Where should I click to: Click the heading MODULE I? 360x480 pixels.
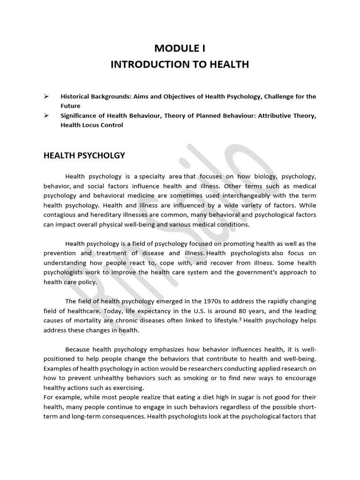(x=180, y=48)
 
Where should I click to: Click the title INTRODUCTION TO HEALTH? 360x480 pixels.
(x=180, y=64)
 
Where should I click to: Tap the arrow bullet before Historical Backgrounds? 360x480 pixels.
(x=46, y=96)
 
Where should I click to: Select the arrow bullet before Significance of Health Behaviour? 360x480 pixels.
(x=46, y=116)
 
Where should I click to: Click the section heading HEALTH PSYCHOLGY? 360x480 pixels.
(x=84, y=156)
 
